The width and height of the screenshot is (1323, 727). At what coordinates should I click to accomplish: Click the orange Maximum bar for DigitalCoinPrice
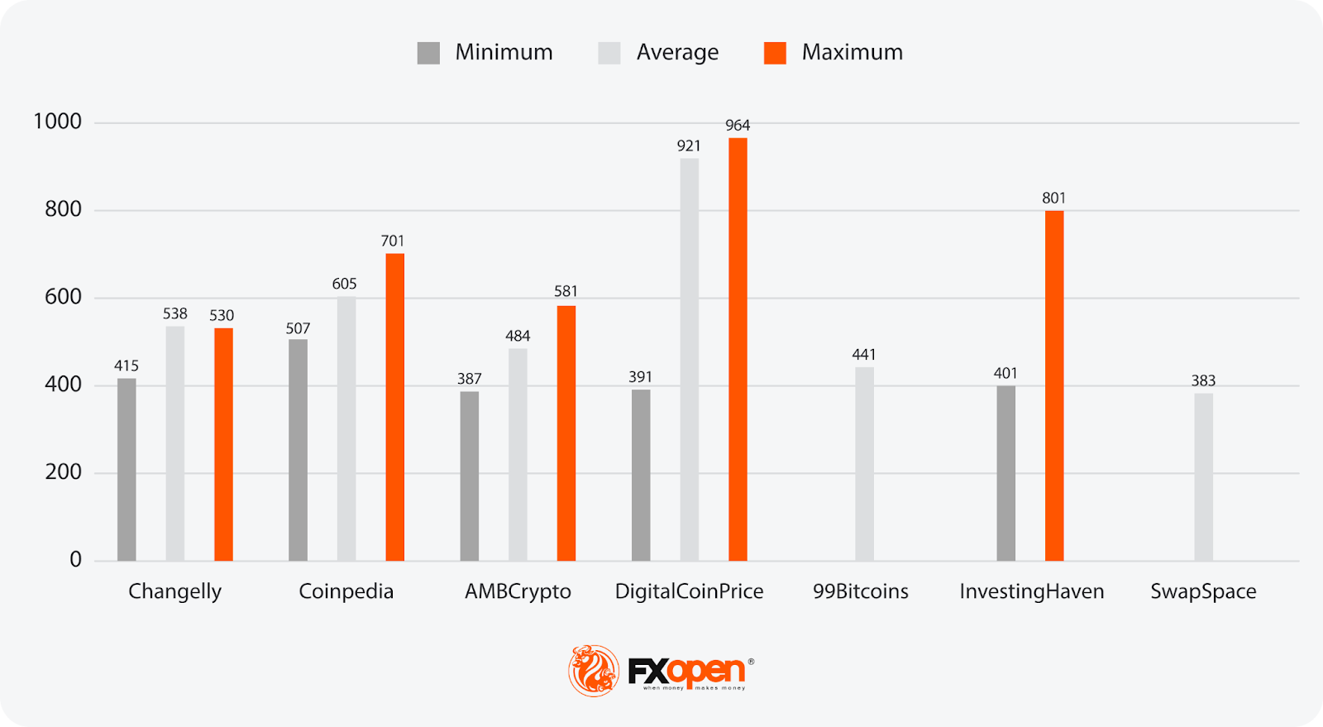pos(738,349)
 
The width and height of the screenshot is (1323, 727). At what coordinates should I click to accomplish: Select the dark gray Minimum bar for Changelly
pos(127,470)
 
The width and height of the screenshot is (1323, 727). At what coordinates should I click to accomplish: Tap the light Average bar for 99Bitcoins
pos(864,464)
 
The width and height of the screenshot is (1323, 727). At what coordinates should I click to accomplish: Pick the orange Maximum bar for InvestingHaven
pos(1054,385)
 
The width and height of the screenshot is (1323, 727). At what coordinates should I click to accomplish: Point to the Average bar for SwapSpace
pos(1203,477)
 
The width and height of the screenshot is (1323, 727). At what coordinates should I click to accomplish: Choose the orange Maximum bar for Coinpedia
pos(395,407)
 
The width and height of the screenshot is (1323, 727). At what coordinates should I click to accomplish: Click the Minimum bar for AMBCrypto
pos(469,476)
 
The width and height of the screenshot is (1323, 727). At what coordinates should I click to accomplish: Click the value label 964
pos(738,126)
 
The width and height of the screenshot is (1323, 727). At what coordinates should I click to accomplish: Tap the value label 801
pos(1053,198)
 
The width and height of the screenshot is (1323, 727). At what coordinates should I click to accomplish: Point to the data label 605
pos(345,285)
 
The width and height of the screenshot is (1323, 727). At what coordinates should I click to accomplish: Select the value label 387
pos(469,379)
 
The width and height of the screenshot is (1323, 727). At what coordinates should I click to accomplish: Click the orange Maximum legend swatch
pos(775,53)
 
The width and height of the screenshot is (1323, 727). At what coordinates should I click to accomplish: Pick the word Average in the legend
pos(677,53)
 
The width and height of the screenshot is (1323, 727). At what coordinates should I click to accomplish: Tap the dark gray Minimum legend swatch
pos(428,53)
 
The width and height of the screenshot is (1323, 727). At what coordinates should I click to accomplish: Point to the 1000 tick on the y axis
pos(58,122)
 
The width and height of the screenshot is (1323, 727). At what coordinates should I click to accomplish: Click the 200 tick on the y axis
pos(64,472)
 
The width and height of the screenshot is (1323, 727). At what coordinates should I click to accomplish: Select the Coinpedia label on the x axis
pos(346,591)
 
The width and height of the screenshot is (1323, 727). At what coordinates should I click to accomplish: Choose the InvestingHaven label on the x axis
pos(1031,591)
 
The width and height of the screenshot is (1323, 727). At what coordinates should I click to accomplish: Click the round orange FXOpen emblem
pos(594,670)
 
